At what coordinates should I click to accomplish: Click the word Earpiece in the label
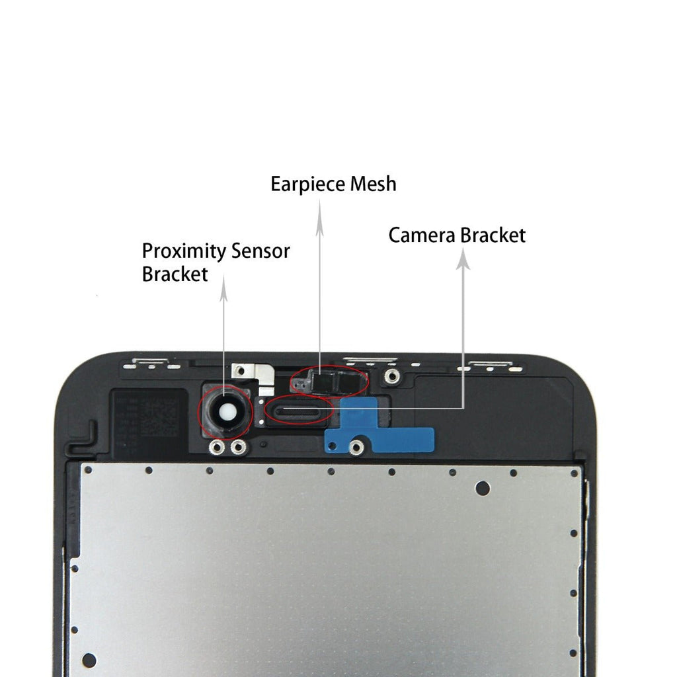308,184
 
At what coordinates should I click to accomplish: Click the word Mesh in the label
374,183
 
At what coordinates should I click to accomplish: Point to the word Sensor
260,251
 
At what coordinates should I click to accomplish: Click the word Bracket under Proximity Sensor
175,274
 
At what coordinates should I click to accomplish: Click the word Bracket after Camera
493,235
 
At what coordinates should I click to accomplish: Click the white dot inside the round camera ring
225,413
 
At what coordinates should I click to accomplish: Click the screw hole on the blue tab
357,448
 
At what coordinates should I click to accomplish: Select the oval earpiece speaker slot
298,412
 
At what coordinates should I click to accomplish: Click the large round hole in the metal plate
483,489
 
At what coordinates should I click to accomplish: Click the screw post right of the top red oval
392,377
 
